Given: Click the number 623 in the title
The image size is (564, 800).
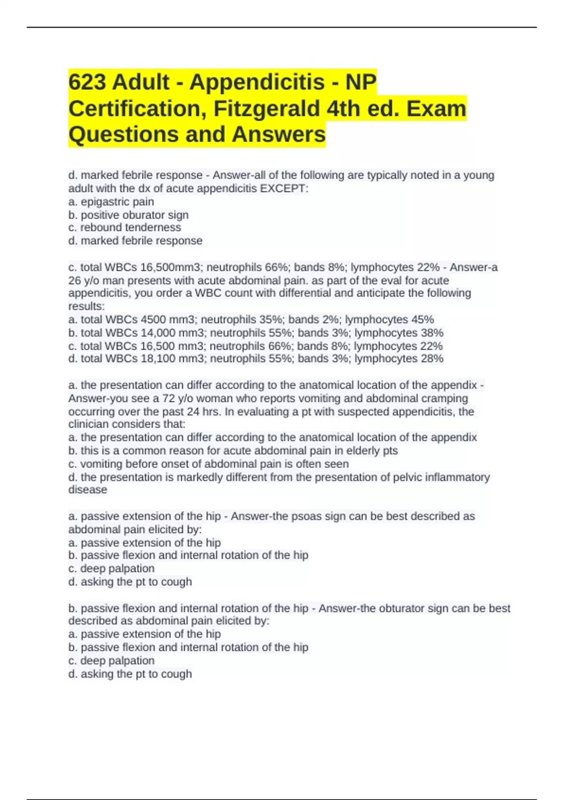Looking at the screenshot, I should (x=87, y=82).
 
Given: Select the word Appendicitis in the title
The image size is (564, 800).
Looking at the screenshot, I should (x=257, y=82).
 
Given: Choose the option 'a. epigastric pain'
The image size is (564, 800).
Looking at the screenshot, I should (x=111, y=202).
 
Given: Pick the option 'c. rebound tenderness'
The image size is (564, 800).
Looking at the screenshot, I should (x=125, y=228).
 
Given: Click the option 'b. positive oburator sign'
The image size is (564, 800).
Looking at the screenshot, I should (x=128, y=215).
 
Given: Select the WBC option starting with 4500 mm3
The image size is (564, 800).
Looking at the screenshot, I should (x=251, y=320).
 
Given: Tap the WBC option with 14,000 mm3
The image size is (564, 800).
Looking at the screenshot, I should (x=256, y=333).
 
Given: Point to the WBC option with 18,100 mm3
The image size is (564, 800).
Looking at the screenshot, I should (x=256, y=359).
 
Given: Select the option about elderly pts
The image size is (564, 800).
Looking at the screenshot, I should (x=233, y=450).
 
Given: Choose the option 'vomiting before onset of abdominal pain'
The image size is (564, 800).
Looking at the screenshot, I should (x=209, y=464).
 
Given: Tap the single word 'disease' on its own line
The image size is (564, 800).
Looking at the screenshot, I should (x=88, y=490).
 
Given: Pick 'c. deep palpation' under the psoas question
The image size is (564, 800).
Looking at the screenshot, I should (x=111, y=568).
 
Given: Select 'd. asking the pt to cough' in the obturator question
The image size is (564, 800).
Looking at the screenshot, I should (x=130, y=674).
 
